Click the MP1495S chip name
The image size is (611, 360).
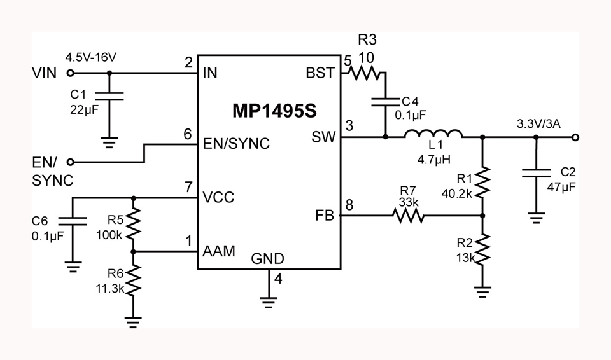pos(274,111)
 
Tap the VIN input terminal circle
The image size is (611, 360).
pos(70,73)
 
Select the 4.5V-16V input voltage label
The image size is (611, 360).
pos(90,58)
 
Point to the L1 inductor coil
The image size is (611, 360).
pos(433,134)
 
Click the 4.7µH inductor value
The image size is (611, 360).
pos(433,160)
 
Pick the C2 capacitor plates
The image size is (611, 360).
pos(536,173)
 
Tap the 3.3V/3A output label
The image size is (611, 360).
pos(538,124)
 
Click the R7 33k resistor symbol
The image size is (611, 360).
pos(408,216)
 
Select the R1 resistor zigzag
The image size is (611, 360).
pos(482,182)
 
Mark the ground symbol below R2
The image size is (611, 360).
pos(482,292)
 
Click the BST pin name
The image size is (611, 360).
pos(320,73)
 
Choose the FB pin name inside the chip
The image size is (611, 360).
pos(325,216)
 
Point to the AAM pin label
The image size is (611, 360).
pos(219,251)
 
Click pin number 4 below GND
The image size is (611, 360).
pos(278,279)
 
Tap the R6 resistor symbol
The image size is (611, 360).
pos(133,280)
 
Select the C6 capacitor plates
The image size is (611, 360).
pos(73,221)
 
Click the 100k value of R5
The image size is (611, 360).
pos(109,235)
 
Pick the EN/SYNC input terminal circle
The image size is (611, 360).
pos(70,162)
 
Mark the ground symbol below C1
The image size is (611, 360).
pos(109,142)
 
